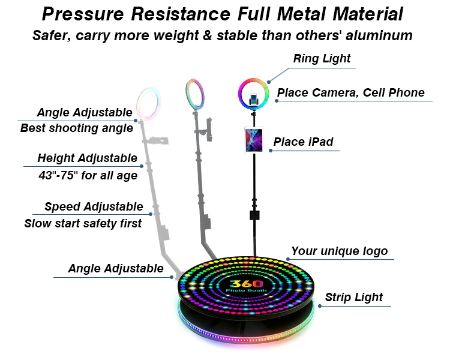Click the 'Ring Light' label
[322, 59]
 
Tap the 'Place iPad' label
[303, 142]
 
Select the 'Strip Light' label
[353, 297]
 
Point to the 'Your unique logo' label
[340, 251]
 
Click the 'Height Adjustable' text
[87, 158]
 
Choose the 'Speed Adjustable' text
[94, 207]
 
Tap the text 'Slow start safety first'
[83, 223]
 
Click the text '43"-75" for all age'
[88, 175]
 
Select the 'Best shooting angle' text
[76, 128]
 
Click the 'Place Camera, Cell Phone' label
[350, 92]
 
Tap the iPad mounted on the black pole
[253, 139]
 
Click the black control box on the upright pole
[254, 215]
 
